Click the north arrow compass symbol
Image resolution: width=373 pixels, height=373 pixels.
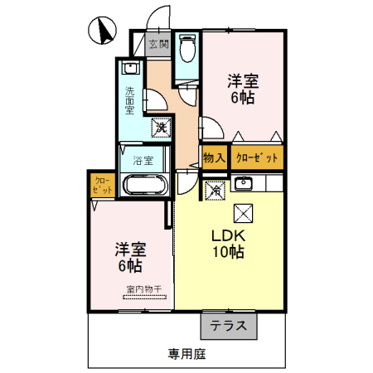click(102, 31)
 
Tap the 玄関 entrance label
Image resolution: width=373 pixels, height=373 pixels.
click(159, 44)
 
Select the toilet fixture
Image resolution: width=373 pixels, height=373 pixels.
click(187, 48)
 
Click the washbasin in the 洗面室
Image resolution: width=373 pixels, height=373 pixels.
click(131, 68)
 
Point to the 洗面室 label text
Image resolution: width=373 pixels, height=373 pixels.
click(129, 100)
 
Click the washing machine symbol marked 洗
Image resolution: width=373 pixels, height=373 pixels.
click(161, 128)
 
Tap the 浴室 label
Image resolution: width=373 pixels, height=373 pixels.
click(143, 161)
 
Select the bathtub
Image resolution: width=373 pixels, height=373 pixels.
click(145, 185)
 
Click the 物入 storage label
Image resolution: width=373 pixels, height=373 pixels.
click(214, 158)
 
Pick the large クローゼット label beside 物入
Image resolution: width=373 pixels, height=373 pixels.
click(257, 157)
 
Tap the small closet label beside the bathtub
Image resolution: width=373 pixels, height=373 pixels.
click(103, 186)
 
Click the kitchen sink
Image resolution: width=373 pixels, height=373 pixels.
click(244, 183)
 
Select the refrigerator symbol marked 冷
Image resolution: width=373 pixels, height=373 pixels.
click(216, 191)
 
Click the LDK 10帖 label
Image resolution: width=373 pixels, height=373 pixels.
click(229, 244)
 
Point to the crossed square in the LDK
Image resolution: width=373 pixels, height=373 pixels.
click(244, 213)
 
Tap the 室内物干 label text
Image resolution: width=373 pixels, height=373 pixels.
click(144, 289)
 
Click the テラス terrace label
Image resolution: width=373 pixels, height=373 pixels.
click(229, 326)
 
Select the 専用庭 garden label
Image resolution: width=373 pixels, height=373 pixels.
click(187, 354)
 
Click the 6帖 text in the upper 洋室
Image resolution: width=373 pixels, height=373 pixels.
click(243, 98)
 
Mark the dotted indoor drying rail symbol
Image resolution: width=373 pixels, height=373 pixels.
click(144, 298)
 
